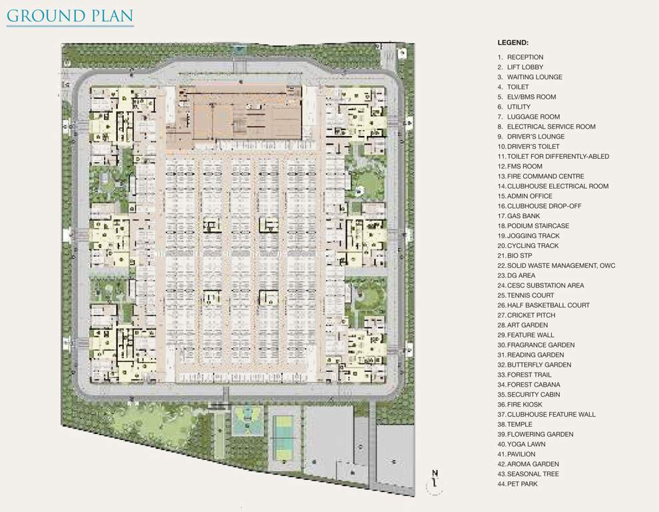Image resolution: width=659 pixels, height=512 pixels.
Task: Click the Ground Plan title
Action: [69, 15]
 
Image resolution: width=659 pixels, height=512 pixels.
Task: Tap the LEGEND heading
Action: [513, 42]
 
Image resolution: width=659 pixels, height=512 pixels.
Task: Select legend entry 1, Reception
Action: [521, 57]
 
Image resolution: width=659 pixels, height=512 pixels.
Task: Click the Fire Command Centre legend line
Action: [541, 176]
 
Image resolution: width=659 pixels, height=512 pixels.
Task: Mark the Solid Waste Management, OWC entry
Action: [556, 265]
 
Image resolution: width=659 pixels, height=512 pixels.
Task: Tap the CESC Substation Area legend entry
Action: [541, 285]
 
